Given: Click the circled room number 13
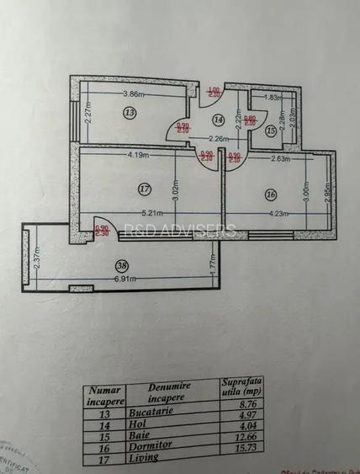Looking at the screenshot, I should point(129,112).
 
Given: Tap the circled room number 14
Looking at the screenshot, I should point(218,120).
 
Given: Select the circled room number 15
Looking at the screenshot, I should point(271,130).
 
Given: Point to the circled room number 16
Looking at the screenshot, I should point(270,194).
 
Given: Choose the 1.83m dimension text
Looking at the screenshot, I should point(272,98).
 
